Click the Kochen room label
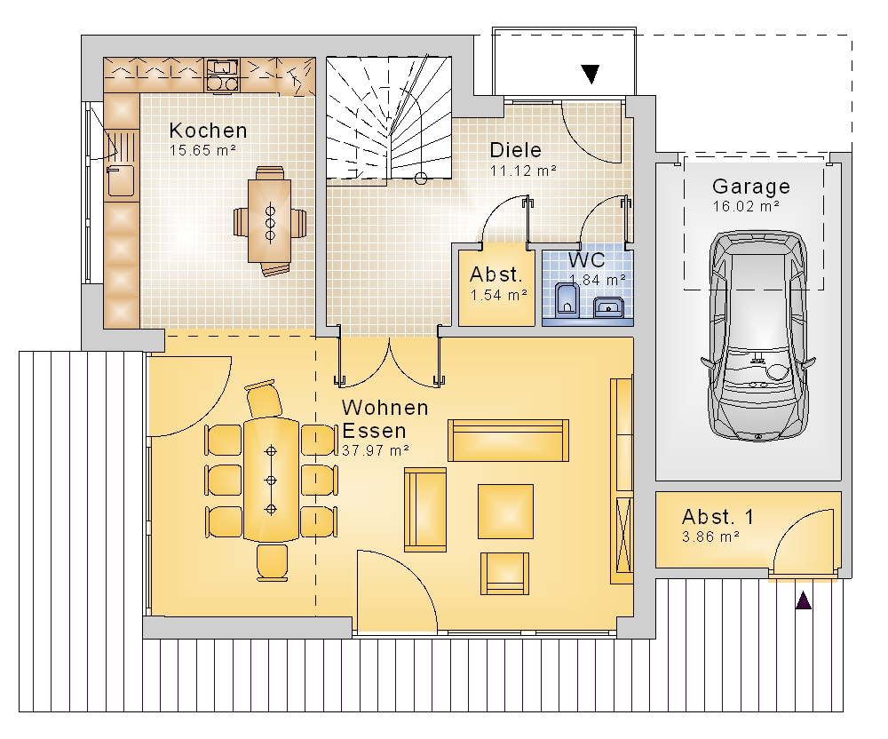point(208,131)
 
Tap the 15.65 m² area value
point(202,151)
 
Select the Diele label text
point(515,150)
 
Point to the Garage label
point(751,187)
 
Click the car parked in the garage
point(758,335)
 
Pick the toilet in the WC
point(565,298)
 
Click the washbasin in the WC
point(608,308)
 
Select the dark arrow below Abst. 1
point(803,600)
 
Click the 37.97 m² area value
point(376,450)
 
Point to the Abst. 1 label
point(718,516)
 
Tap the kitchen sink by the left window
point(120,180)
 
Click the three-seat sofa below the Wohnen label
point(509,441)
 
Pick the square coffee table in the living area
point(505,512)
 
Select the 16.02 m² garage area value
point(746,206)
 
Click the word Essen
point(375,431)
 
